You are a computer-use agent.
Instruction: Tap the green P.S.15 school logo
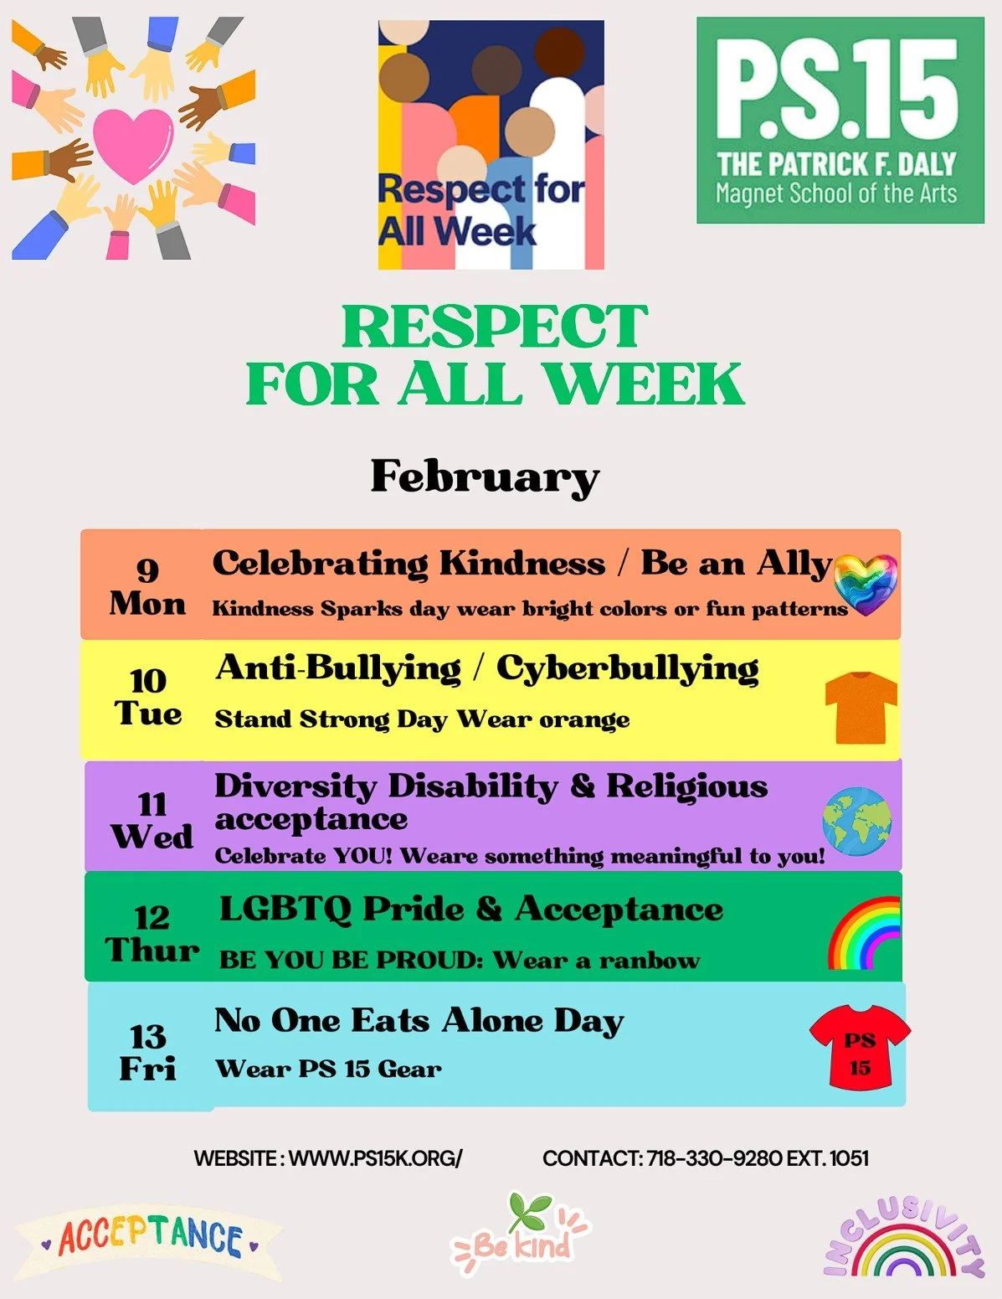[840, 121]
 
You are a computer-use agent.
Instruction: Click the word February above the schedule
[485, 477]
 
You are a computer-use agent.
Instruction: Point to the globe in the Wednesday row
[856, 820]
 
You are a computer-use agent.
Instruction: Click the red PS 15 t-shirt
[860, 1046]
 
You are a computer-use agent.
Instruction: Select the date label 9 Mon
[147, 586]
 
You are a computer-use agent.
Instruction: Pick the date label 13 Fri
[148, 1053]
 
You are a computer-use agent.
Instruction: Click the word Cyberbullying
[627, 669]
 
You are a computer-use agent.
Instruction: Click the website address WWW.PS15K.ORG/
[375, 1158]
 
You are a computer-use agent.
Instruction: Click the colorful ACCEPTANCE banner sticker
[149, 1238]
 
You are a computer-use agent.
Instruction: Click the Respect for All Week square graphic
[491, 145]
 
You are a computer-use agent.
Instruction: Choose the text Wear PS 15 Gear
[328, 1069]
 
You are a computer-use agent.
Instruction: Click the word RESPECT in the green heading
[495, 327]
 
